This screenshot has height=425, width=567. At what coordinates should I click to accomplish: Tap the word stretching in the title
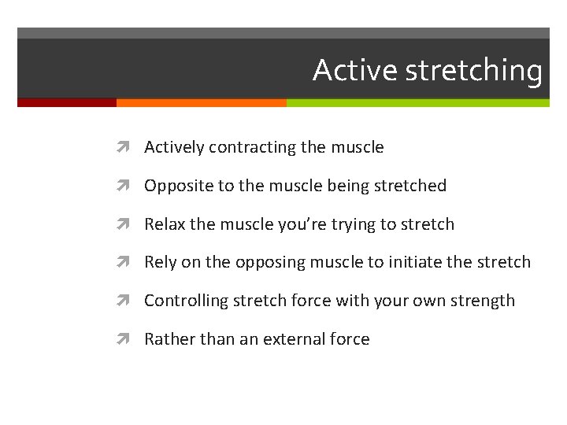coord(473,72)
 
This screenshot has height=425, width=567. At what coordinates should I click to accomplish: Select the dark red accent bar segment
coord(67,102)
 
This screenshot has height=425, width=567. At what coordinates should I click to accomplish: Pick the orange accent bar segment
coord(201,102)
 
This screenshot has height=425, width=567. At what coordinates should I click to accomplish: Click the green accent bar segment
coord(417,102)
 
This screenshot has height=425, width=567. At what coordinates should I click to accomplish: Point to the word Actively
coord(174,148)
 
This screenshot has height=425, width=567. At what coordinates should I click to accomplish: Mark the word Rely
coord(161,263)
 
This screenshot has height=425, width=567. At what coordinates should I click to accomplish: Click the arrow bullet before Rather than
coord(129,339)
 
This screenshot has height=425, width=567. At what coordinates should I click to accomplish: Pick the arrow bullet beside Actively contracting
coord(129,147)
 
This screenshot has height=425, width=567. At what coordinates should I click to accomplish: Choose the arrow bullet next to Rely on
coord(129,263)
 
